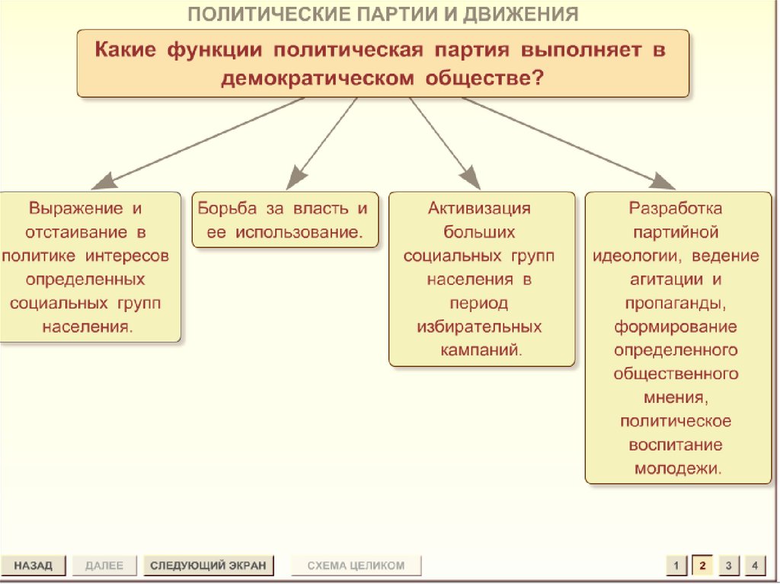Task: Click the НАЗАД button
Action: pyautogui.click(x=33, y=566)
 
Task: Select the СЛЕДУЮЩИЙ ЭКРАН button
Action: pyautogui.click(x=208, y=566)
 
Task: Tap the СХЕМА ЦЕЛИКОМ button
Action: pyautogui.click(x=356, y=566)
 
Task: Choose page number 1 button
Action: pyautogui.click(x=676, y=566)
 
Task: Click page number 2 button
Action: pyautogui.click(x=702, y=566)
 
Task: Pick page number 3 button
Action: pyautogui.click(x=728, y=566)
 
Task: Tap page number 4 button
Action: pyautogui.click(x=754, y=566)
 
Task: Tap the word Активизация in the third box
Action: pyautogui.click(x=479, y=208)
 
